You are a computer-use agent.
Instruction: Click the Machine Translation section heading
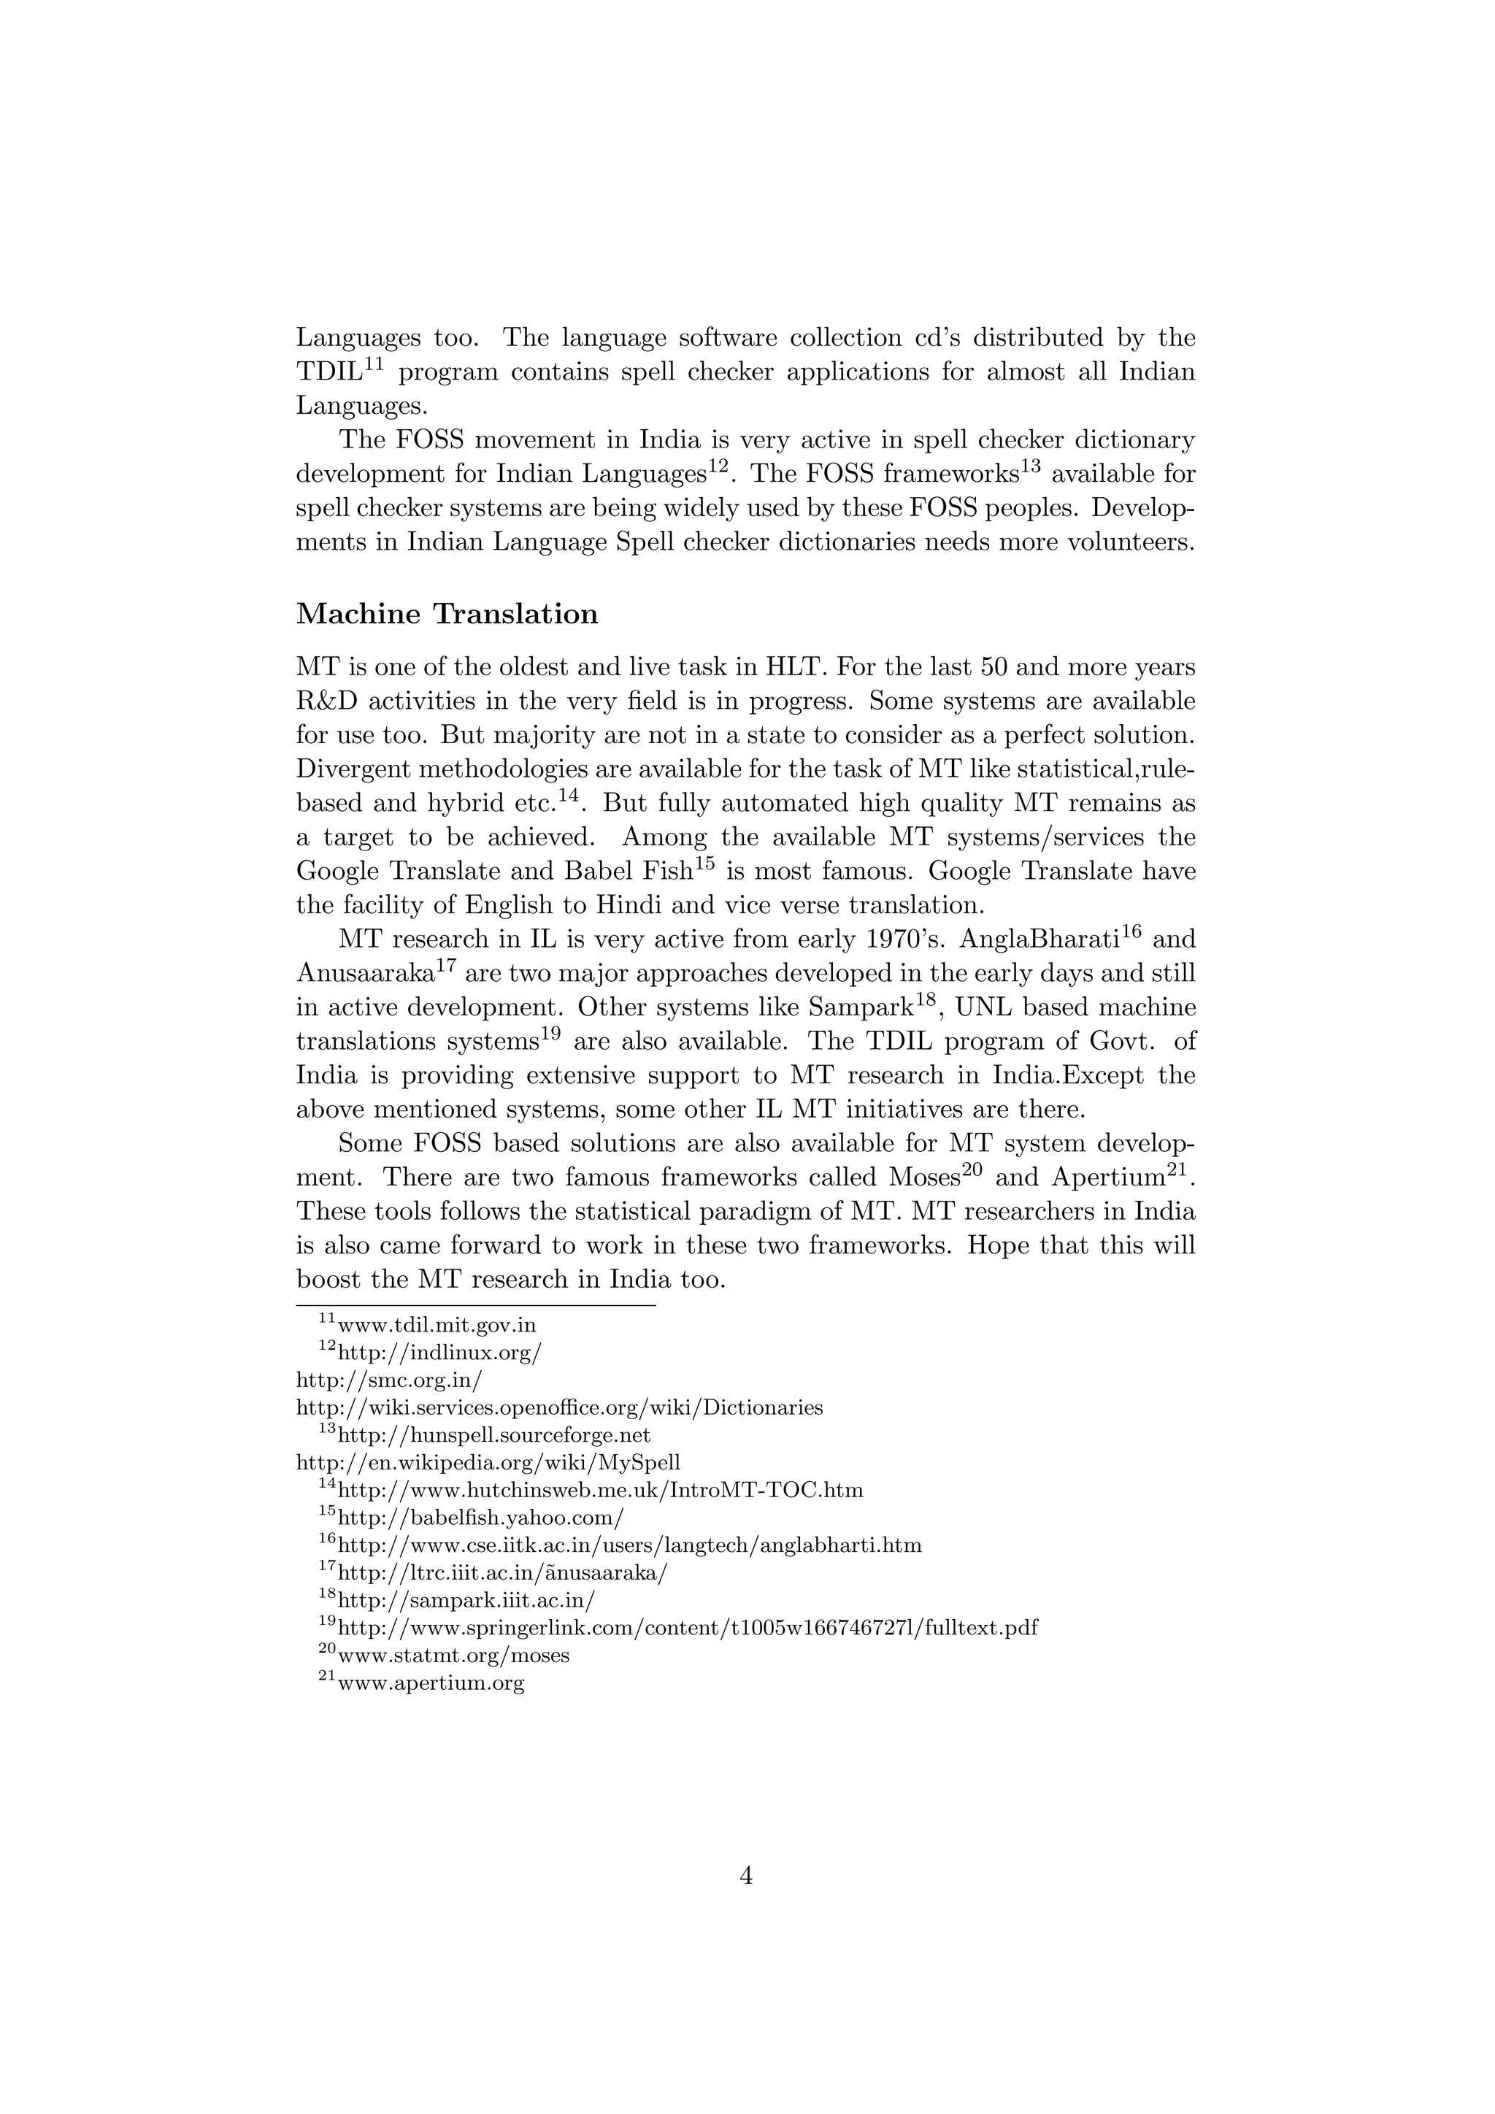(x=447, y=614)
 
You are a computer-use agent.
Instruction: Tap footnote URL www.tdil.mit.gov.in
(x=437, y=1326)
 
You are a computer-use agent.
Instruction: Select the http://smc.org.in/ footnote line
(x=388, y=1380)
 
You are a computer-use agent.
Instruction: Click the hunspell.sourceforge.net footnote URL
(x=494, y=1435)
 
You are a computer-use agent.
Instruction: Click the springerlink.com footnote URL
(x=688, y=1628)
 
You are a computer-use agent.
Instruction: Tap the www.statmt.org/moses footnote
(x=453, y=1656)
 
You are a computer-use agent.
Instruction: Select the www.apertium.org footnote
(x=431, y=1683)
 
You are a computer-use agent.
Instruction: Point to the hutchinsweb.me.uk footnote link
(x=600, y=1490)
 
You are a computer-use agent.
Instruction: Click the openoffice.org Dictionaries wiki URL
(x=558, y=1408)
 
